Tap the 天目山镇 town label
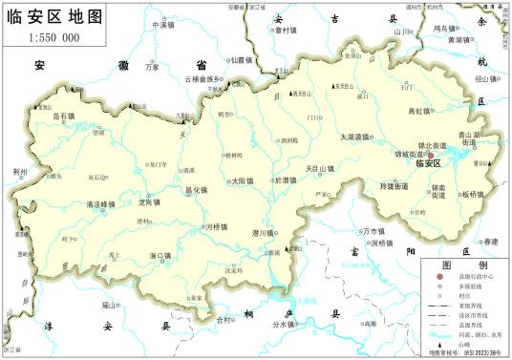point(320,169)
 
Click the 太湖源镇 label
point(355,137)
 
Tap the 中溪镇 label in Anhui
point(163,24)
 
